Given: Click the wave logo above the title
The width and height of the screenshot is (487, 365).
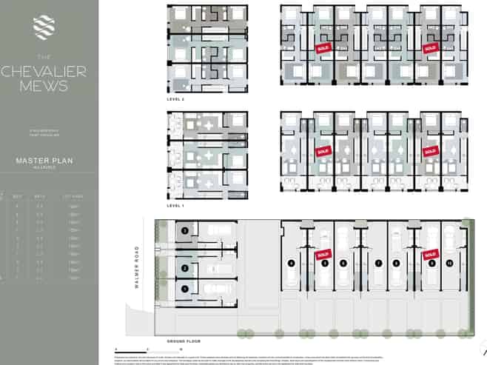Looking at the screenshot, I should coord(43,27).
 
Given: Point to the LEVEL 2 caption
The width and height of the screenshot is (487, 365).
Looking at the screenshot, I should coord(175,98).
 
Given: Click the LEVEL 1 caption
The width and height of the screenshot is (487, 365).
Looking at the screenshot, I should coord(175,205).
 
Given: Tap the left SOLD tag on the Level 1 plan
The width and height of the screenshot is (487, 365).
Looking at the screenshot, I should coord(323,151).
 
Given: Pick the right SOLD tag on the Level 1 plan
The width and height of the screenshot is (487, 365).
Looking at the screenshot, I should coord(429,151).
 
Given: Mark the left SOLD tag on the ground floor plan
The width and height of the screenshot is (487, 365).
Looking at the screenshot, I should coord(322,255).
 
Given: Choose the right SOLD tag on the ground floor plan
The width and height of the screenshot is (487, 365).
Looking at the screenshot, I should coord(431,255).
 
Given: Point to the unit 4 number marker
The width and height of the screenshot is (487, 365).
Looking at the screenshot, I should coord(292,263).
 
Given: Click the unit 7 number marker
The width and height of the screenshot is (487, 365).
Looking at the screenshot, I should coord(378,263).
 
